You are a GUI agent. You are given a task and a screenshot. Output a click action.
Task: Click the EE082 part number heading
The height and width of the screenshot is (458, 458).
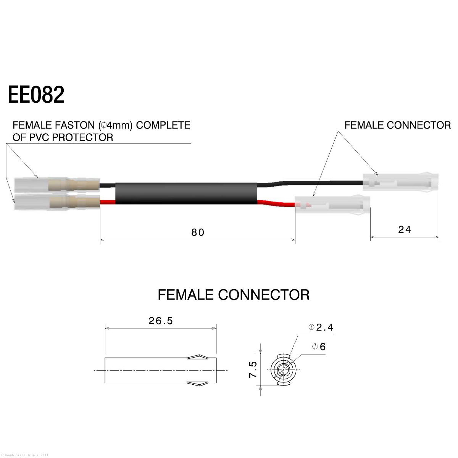pyautogui.click(x=36, y=95)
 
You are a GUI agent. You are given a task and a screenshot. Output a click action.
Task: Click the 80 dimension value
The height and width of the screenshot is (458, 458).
pyautogui.click(x=198, y=232)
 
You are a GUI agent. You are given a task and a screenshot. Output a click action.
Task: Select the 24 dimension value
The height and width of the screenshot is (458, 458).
pyautogui.click(x=404, y=230)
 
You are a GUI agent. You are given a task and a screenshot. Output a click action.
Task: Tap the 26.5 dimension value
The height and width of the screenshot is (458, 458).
pyautogui.click(x=161, y=321)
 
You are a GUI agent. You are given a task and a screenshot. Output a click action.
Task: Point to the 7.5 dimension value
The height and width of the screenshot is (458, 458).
pyautogui.click(x=253, y=369)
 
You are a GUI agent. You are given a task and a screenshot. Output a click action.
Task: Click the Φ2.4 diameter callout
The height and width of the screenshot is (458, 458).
pyautogui.click(x=321, y=327)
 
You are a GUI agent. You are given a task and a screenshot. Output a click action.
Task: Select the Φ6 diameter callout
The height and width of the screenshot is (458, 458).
pyautogui.click(x=319, y=347)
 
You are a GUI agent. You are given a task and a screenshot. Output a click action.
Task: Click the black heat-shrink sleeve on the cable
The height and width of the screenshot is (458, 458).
pyautogui.click(x=187, y=193)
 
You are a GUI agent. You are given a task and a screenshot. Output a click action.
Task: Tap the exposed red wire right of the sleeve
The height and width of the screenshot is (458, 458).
pyautogui.click(x=277, y=203)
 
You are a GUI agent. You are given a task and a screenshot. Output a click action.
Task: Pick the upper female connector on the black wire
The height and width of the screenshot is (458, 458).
pyautogui.click(x=400, y=182)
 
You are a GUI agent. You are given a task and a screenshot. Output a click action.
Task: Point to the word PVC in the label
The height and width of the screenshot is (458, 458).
pyautogui.click(x=39, y=137)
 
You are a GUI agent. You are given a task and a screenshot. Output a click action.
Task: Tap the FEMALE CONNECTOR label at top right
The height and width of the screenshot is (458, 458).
pyautogui.click(x=397, y=125)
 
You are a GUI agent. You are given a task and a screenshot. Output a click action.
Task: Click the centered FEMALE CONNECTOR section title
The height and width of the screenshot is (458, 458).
pyautogui.click(x=233, y=295)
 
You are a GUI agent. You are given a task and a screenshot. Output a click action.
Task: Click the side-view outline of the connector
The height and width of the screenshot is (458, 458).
pyautogui.click(x=160, y=370)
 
